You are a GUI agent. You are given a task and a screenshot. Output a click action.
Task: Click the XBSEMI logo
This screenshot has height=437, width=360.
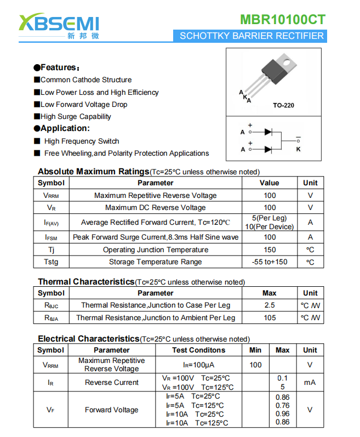click(59, 25)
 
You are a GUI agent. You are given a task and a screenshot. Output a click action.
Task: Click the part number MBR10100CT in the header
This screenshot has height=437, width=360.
click(282, 20)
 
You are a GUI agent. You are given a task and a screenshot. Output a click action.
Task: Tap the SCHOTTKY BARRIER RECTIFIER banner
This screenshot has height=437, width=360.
click(252, 36)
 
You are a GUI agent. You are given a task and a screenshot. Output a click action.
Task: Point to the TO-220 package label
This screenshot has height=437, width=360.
click(283, 105)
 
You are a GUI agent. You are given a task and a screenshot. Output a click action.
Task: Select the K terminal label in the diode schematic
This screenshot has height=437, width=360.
click(299, 149)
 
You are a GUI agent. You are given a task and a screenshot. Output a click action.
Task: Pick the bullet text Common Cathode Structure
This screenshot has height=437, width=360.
click(86, 80)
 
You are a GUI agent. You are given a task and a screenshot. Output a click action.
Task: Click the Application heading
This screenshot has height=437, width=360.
click(61, 128)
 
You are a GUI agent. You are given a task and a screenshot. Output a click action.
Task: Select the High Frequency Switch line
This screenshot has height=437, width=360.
click(81, 141)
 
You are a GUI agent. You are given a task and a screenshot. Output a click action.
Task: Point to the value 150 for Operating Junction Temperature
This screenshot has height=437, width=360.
click(270, 250)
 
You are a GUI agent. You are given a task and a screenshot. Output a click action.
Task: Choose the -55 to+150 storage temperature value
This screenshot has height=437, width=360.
click(270, 262)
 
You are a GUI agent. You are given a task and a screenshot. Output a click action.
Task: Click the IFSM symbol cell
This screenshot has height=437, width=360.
click(51, 237)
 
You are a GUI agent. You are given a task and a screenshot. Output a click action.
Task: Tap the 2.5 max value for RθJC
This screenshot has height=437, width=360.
click(270, 305)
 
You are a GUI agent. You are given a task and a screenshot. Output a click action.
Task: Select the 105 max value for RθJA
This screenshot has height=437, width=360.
click(270, 318)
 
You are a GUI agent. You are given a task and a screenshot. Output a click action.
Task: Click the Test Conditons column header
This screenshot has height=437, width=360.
click(198, 350)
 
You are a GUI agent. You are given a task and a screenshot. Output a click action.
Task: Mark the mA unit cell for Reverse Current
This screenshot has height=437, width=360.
click(310, 382)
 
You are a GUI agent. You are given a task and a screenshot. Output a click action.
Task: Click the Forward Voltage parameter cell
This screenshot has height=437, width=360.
click(111, 410)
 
